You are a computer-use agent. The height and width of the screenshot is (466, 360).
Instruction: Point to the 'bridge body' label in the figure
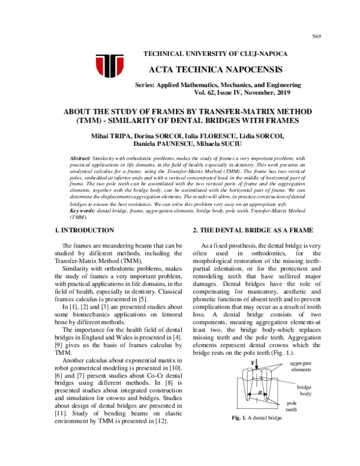pyautogui.click(x=304, y=391)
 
